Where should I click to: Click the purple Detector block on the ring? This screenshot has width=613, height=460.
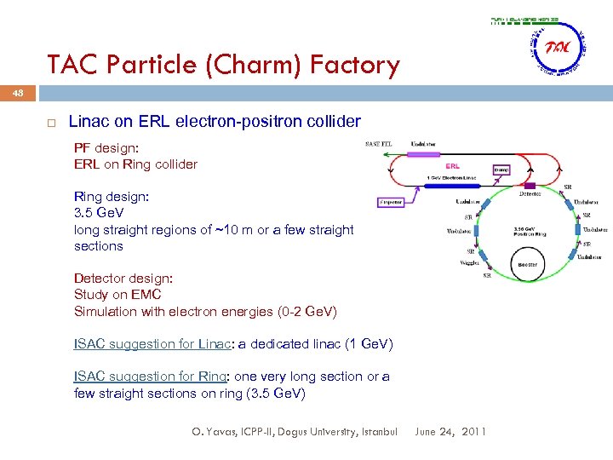coord(529,185)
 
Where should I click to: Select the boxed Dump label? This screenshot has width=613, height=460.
coord(501,170)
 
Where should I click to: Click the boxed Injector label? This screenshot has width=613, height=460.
coord(390,203)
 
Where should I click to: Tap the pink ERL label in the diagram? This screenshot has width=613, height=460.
coord(453,165)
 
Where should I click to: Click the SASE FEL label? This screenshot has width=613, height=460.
coord(379,143)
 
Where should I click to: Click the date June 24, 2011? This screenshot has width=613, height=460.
coord(450,432)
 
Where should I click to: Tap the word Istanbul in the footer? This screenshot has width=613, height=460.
coord(375,432)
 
